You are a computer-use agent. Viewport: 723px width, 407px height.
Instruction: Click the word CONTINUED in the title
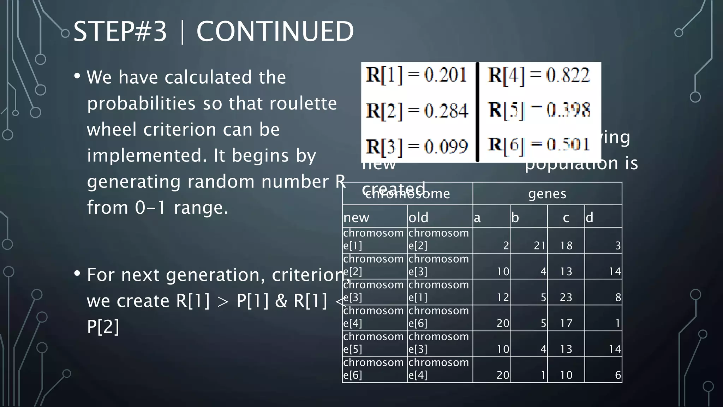(275, 32)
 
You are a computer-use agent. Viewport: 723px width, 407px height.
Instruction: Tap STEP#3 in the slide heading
(120, 32)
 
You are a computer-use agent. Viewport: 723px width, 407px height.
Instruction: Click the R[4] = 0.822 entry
(538, 75)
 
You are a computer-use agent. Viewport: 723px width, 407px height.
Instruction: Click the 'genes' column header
(547, 194)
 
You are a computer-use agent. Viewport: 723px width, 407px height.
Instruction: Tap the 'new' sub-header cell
(356, 217)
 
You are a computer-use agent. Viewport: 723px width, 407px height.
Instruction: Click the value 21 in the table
(539, 246)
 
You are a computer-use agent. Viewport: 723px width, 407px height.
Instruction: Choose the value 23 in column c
(566, 297)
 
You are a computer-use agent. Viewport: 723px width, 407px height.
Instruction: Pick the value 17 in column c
(566, 323)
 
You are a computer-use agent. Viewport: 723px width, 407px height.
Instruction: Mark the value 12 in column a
(503, 297)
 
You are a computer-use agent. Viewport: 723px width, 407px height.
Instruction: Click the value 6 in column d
(618, 375)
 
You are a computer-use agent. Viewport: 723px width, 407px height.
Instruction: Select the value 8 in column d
(618, 297)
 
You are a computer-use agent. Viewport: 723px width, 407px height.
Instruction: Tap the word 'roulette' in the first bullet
(303, 104)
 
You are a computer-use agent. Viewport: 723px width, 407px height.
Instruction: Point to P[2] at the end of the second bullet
(103, 326)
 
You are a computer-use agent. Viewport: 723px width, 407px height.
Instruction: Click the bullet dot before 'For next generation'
(77, 273)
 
